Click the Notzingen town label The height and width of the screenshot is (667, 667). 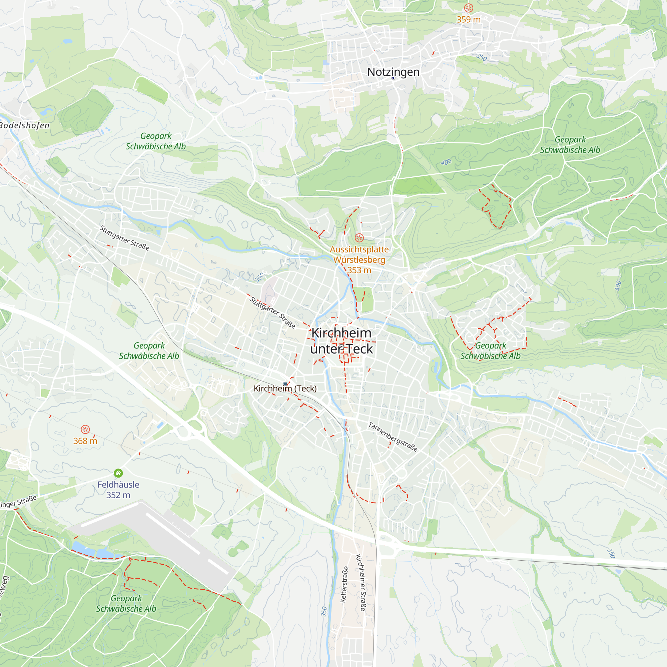[393, 72]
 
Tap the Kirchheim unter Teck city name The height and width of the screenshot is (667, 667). [342, 341]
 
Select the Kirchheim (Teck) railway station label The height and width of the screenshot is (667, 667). [285, 389]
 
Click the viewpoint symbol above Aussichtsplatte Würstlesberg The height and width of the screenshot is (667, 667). [359, 237]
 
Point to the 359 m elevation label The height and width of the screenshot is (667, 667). [468, 19]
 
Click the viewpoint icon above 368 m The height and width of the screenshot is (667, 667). [85, 429]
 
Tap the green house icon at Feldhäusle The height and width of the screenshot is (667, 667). [118, 473]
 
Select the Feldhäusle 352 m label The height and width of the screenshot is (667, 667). [118, 490]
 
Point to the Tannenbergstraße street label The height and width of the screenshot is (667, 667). [393, 437]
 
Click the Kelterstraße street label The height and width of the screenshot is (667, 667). [344, 585]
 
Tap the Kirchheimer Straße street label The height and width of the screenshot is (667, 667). [361, 582]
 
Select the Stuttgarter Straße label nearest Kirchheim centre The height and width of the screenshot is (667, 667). [272, 312]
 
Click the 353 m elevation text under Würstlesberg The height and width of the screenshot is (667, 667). [359, 270]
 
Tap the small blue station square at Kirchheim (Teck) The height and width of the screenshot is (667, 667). [285, 384]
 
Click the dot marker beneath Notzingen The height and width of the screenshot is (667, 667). [393, 78]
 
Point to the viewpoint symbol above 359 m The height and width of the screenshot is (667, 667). [468, 8]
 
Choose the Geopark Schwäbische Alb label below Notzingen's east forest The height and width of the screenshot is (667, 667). [570, 145]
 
